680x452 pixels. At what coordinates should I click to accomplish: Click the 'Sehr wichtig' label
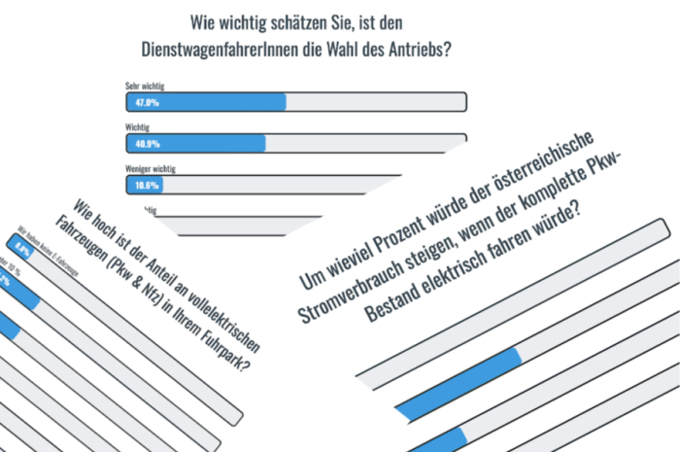coord(144,87)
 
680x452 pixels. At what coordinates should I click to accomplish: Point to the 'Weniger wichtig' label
coord(151,168)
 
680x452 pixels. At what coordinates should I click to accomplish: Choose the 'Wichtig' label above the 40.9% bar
coord(138,127)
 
